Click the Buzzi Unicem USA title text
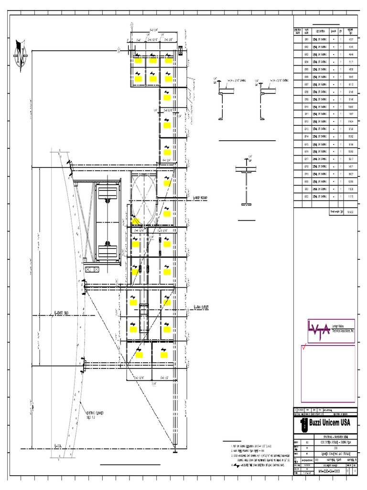click(329, 423)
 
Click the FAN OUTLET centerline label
click(202, 307)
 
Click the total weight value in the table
click(350, 211)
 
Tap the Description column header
click(320, 31)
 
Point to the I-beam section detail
click(247, 184)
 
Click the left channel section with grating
click(221, 100)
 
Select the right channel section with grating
click(263, 100)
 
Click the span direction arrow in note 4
click(236, 465)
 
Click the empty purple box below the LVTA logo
click(327, 373)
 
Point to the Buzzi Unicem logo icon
click(302, 423)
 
